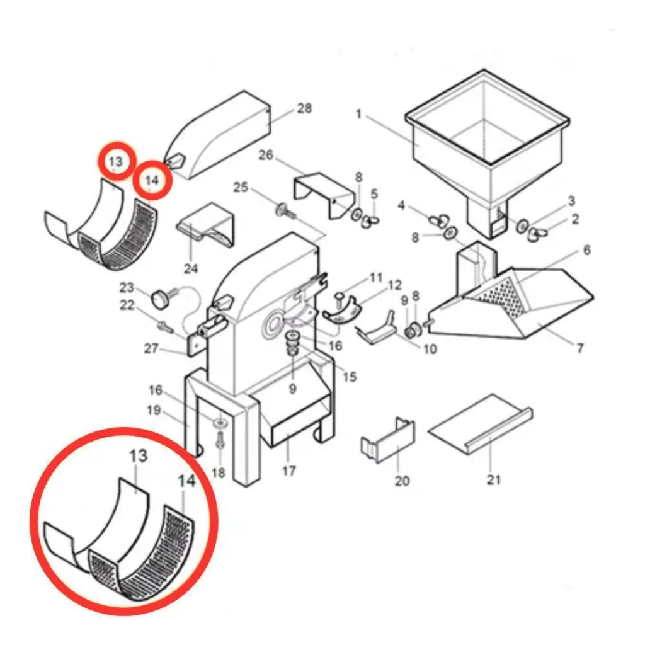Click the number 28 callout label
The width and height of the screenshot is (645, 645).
(x=304, y=108)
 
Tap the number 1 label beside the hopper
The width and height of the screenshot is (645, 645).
(x=358, y=113)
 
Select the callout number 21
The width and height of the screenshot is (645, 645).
(x=494, y=479)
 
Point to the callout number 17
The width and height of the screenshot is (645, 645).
(x=289, y=470)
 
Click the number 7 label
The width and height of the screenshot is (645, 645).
(x=579, y=348)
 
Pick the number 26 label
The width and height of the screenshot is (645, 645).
(x=266, y=155)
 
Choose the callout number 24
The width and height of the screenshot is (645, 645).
(x=191, y=268)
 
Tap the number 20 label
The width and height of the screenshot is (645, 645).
(x=402, y=480)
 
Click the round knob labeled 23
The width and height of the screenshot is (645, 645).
(x=160, y=298)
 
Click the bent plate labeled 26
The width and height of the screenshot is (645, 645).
(x=325, y=195)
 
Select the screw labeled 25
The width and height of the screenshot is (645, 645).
(x=285, y=210)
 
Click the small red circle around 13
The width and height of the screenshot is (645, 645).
(x=117, y=161)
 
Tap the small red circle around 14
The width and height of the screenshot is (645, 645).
(x=152, y=180)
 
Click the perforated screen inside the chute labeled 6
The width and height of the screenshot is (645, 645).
(x=499, y=298)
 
